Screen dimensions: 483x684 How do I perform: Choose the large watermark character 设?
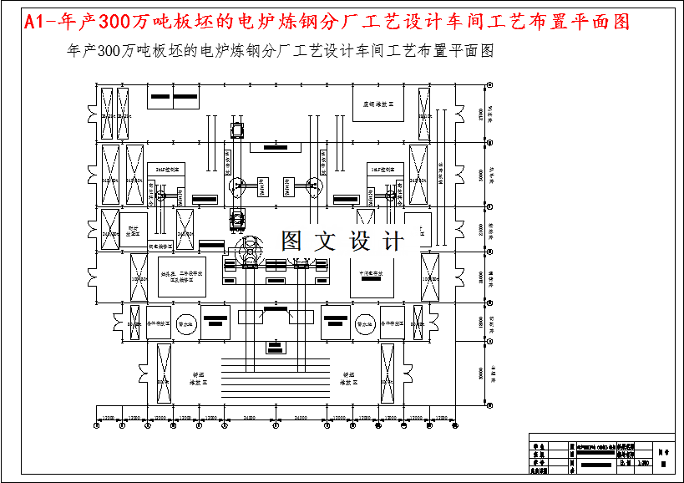pyautogui.click(x=360, y=241)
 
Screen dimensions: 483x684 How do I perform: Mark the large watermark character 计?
pyautogui.click(x=392, y=241)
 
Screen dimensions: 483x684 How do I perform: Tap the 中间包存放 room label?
pyautogui.click(x=371, y=273)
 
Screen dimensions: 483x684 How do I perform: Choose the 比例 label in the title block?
pyautogui.click(x=624, y=461)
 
